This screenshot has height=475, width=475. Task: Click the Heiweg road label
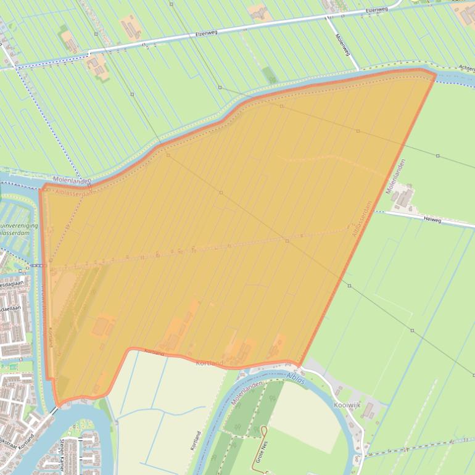[432, 219]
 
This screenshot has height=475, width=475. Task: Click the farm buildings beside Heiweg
[403, 198]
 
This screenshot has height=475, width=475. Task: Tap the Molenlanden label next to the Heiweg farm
[396, 176]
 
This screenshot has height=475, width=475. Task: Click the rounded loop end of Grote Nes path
[263, 428]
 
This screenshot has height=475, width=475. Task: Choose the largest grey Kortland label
[209, 363]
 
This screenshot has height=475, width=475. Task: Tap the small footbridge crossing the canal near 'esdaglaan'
[37, 265]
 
